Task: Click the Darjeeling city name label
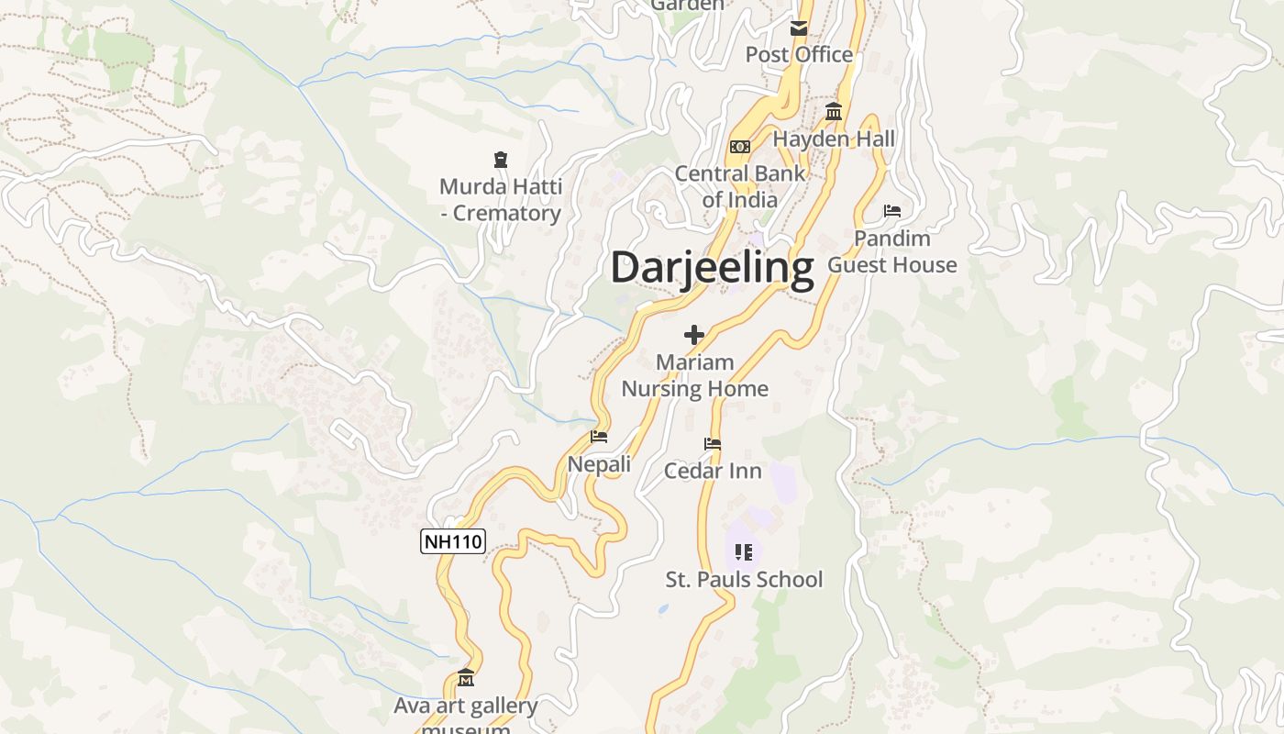712,269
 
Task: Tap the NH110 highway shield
452,541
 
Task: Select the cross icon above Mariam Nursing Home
694,335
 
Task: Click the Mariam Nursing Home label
695,375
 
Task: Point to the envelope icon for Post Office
799,28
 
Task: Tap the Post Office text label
799,55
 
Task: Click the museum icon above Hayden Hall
834,112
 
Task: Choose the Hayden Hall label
834,139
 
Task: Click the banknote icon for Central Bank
740,147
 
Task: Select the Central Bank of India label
740,186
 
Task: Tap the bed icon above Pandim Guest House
892,211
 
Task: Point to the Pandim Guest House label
892,251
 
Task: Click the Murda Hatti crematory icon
501,161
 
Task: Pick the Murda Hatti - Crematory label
501,200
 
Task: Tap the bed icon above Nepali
599,437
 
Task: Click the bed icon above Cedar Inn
713,444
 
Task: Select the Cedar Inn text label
713,471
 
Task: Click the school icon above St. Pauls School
744,552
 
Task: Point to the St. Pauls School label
744,580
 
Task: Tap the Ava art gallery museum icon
466,679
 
